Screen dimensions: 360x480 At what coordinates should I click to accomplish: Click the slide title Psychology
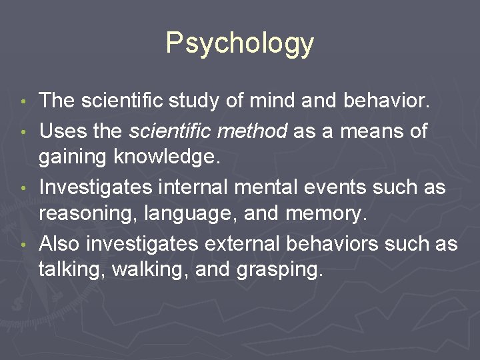tap(239, 43)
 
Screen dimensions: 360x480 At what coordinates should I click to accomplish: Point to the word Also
tap(59, 244)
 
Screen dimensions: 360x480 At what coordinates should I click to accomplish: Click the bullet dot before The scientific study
tap(24, 103)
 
